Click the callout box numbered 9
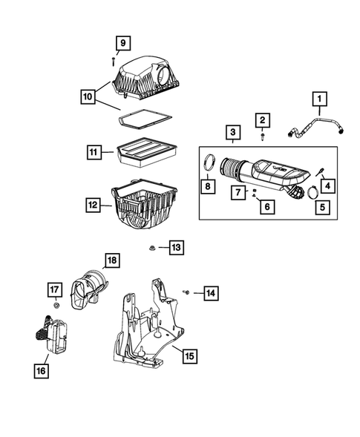pos(123,43)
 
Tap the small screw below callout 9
pos(114,62)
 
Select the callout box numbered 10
pos(88,96)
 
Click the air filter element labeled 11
pos(147,151)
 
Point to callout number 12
pos(93,205)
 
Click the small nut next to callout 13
pos(152,248)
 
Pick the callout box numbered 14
pos(211,293)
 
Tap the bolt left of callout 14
pos(186,292)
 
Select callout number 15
pos(190,356)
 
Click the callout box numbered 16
pos(42,371)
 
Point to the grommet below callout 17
pos(56,306)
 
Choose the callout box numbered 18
pos(112,260)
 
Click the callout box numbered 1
pos(320,99)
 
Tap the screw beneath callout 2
pos(263,137)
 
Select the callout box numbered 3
pos(233,132)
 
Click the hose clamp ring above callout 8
pos(210,162)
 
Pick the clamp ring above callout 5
pos(313,192)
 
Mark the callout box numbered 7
pos(238,192)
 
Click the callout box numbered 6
pos(267,207)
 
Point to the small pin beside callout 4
pos(320,171)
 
